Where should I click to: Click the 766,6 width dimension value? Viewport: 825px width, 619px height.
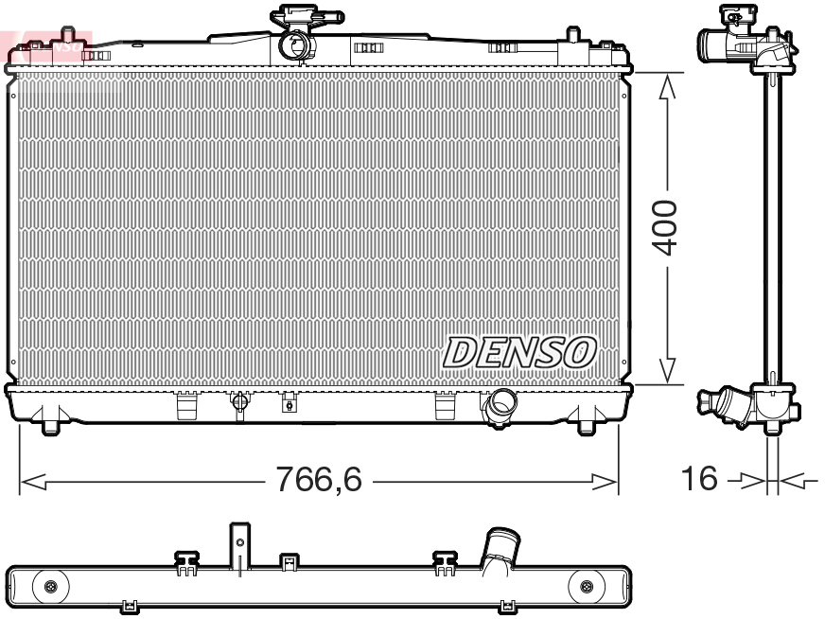pos(318,482)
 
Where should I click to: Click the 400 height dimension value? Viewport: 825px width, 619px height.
pos(668,227)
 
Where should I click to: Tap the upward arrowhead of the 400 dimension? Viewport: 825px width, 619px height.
pos(668,86)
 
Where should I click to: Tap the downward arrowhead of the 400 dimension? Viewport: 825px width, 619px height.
pos(668,371)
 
